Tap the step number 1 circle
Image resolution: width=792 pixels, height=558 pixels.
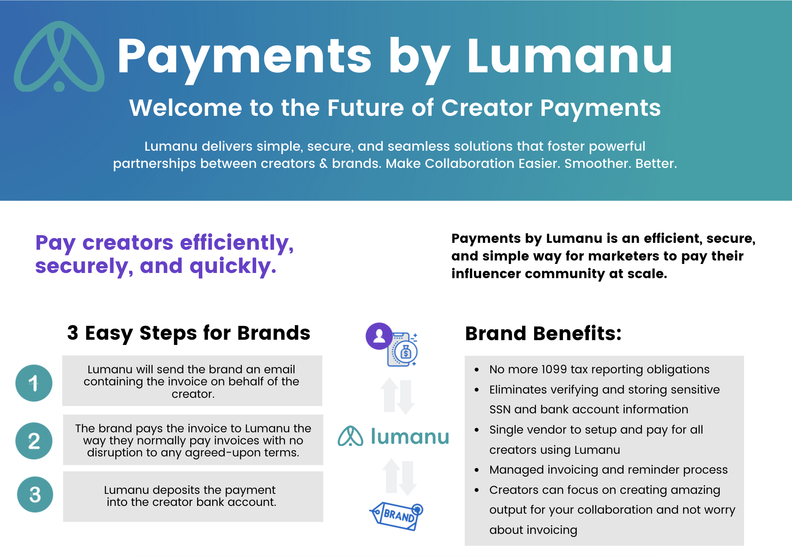point(34,383)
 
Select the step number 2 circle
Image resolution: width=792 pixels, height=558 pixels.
point(34,440)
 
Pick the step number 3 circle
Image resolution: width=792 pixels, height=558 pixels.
point(35,494)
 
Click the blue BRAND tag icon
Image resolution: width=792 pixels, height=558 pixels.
point(396,515)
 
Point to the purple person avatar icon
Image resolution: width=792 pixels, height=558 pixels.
point(379,336)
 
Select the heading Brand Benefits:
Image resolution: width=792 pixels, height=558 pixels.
point(543,333)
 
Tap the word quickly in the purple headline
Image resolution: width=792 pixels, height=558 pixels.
point(232,267)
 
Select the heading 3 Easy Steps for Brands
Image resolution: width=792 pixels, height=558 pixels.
point(189,333)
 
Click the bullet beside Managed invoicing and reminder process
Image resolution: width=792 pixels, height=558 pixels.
point(476,470)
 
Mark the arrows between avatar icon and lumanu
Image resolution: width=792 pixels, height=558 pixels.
point(397,396)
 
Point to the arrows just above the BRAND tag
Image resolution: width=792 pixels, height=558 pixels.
point(399,477)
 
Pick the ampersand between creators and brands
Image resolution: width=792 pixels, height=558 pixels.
point(324,164)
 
